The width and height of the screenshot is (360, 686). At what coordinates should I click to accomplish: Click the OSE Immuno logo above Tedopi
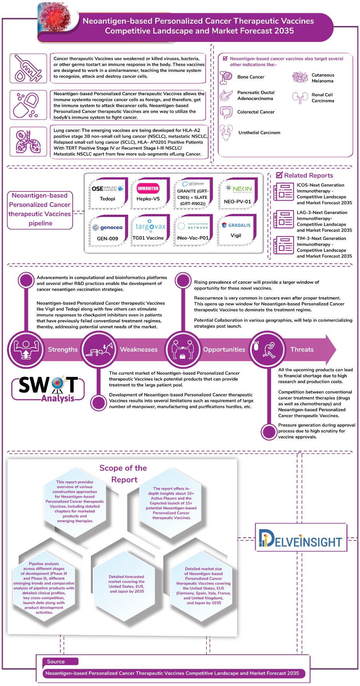108,189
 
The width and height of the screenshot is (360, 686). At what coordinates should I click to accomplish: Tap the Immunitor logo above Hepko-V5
148,188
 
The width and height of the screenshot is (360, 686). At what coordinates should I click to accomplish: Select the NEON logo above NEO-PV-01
239,189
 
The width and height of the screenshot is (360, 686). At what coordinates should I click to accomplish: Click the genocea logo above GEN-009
108,228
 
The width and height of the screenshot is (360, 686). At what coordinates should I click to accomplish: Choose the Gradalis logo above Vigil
236,225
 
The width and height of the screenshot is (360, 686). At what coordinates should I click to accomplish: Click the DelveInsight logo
301,538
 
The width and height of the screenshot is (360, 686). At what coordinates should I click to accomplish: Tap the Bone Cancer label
251,77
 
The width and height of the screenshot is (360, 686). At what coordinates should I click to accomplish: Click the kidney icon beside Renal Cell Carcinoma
300,98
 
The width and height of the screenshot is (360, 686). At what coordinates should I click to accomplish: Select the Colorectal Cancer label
256,112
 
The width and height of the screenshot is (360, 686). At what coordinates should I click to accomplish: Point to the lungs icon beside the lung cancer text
28,142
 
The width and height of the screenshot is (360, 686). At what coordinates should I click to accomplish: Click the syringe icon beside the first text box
28,68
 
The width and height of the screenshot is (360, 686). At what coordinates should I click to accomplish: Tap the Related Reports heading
308,175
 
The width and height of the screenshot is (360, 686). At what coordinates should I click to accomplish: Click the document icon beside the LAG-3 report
283,219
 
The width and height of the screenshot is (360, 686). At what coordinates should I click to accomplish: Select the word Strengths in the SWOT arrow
63,350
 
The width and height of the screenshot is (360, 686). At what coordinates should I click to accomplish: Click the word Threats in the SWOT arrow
302,350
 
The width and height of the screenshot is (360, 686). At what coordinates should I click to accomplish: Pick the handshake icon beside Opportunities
182,349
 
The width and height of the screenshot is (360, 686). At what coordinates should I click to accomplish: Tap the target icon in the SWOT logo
57,383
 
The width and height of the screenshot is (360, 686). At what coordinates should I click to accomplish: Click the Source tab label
56,662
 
